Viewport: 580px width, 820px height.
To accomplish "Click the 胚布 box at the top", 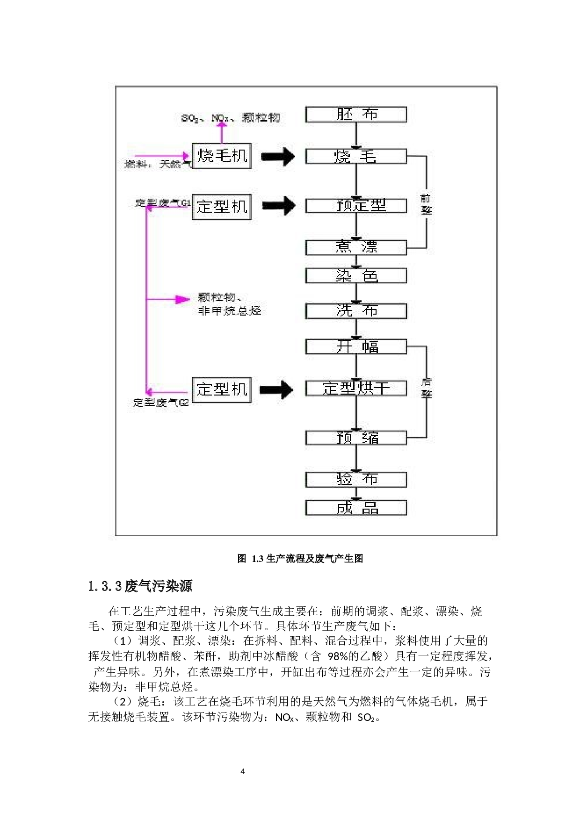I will [356, 115].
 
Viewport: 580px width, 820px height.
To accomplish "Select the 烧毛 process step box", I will [356, 156].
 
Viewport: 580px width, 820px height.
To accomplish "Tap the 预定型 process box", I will [356, 205].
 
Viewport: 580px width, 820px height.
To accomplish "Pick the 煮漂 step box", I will [356, 247].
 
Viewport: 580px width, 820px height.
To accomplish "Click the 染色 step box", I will [356, 276].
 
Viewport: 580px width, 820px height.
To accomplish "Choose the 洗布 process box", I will [356, 311].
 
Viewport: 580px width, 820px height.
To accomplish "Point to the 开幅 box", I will [356, 346].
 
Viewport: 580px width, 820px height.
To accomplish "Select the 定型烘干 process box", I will [356, 388].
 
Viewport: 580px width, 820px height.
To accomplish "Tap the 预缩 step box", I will [356, 438].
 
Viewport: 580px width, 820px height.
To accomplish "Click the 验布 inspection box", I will [356, 479].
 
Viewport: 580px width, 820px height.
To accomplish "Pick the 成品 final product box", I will [356, 508].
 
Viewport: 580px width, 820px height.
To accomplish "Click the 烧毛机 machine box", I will [222, 156].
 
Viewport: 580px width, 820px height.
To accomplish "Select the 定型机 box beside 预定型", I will [222, 207].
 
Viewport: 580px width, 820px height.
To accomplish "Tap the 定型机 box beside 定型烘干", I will [222, 389].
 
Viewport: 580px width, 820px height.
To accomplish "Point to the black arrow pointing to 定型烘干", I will [276, 389].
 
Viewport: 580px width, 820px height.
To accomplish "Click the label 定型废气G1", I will [163, 203].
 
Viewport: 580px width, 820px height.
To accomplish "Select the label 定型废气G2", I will [161, 402].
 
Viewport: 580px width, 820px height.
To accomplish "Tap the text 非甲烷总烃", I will [230, 311].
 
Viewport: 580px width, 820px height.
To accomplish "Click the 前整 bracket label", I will [426, 204].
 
